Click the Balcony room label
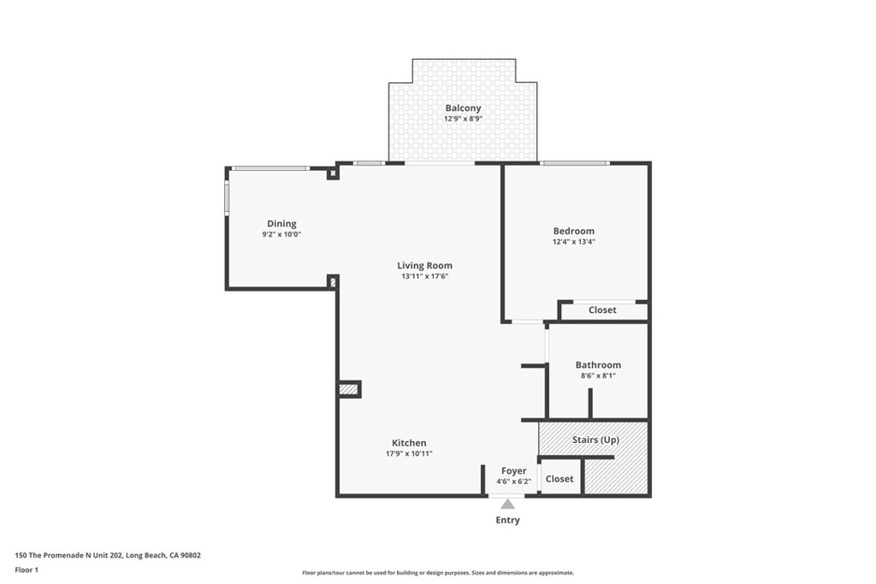(463, 109)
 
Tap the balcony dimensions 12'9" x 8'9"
(463, 120)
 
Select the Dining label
(281, 224)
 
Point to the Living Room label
(424, 266)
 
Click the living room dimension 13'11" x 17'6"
(424, 277)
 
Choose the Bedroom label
(573, 231)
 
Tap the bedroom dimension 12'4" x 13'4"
(573, 242)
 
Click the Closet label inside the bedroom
(602, 310)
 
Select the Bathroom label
(598, 365)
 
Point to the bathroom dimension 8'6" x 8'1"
(598, 376)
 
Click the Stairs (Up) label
(595, 440)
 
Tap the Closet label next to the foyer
(559, 479)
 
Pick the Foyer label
(514, 471)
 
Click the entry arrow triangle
(507, 504)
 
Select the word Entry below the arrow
(507, 520)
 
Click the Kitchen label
(409, 443)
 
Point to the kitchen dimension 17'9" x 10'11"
(409, 454)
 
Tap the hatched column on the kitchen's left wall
(348, 390)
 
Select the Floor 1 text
(27, 569)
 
